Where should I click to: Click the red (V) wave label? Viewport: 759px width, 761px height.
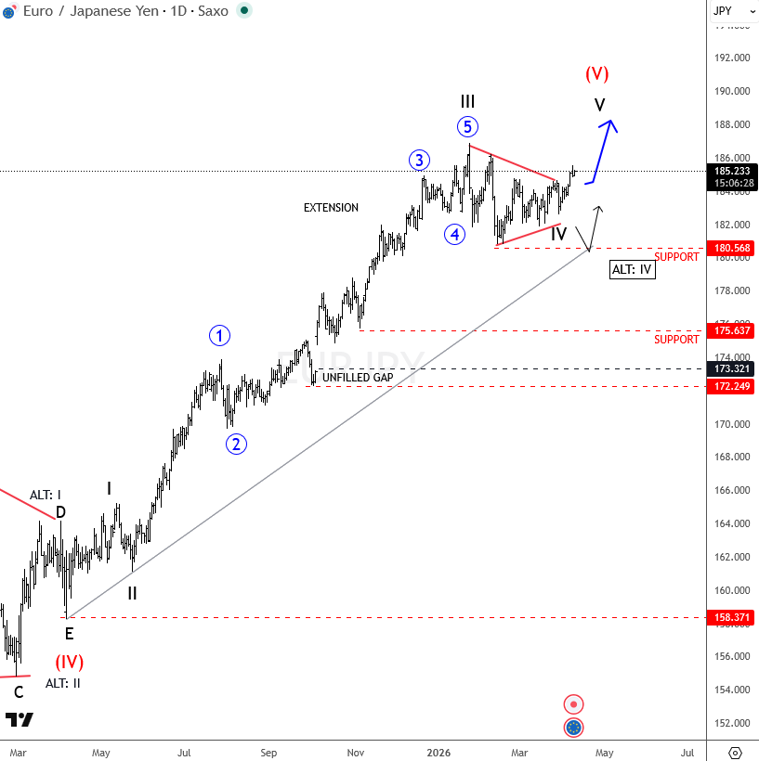(596, 73)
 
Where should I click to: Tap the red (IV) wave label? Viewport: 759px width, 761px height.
(69, 662)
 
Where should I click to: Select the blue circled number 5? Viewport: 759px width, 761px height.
(467, 127)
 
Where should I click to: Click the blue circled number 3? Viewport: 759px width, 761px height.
(419, 161)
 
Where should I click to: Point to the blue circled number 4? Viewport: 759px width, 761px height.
(454, 234)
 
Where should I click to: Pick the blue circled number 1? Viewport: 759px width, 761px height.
(219, 336)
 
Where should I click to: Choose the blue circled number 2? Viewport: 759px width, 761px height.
(236, 444)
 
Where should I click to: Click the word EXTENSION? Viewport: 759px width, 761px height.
(331, 208)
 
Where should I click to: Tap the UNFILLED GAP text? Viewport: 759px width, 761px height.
(358, 378)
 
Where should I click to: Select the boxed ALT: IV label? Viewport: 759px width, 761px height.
(633, 270)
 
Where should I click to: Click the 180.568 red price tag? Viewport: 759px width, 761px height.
(732, 248)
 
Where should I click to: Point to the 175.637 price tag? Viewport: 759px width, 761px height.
(732, 330)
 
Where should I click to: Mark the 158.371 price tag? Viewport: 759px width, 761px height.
(732, 617)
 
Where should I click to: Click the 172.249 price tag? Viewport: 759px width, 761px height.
(732, 386)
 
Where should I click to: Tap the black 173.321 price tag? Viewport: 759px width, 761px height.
(732, 368)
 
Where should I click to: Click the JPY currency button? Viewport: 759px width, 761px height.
(723, 11)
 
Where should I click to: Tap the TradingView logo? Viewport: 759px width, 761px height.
(19, 719)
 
